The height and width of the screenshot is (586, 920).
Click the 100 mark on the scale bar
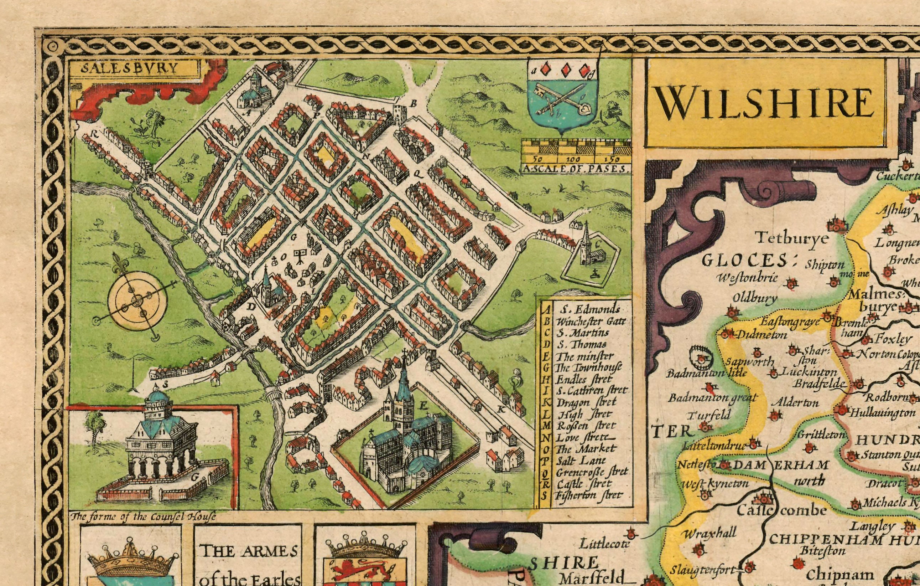573,159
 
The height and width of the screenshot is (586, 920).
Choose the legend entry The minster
584,356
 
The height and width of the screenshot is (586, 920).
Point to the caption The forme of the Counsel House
144,517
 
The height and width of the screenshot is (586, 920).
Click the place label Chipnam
840,575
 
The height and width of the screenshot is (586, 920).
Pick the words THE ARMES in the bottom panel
249,551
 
